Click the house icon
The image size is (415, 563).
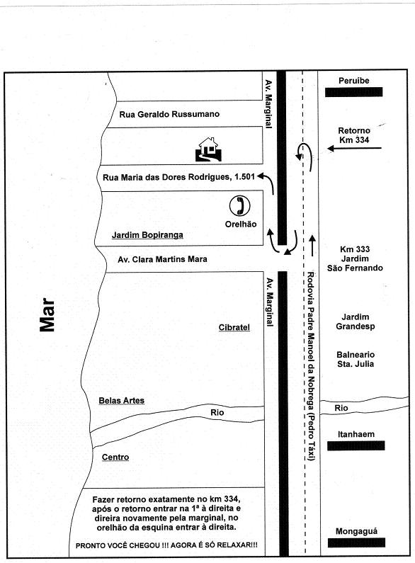tap(208, 149)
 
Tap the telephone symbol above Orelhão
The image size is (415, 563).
tap(240, 206)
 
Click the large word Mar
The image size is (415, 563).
tap(47, 314)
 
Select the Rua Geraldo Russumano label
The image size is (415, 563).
tap(169, 114)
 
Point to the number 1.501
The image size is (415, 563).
tap(245, 176)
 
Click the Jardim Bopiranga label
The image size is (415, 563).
tap(147, 235)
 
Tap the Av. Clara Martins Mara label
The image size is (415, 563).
tap(162, 259)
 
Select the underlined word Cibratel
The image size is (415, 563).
tap(234, 327)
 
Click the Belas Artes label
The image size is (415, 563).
tap(122, 401)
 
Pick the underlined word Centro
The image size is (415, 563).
tap(115, 457)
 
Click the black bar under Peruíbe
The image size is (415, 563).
tap(353, 92)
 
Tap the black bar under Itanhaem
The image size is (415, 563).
tap(356, 445)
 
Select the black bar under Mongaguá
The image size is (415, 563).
tap(356, 542)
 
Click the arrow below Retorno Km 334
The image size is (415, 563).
tap(354, 148)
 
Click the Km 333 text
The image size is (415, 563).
tap(355, 249)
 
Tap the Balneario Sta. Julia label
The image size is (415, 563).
tap(356, 360)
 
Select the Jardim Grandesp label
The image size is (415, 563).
tap(355, 322)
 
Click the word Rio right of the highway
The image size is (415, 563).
tap(341, 408)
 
